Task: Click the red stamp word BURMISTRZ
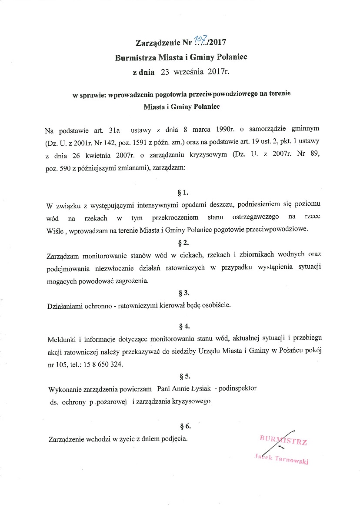(x=283, y=440)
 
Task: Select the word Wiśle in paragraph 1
(x=55, y=230)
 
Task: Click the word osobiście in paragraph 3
(x=216, y=305)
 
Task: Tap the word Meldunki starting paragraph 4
(x=61, y=338)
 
